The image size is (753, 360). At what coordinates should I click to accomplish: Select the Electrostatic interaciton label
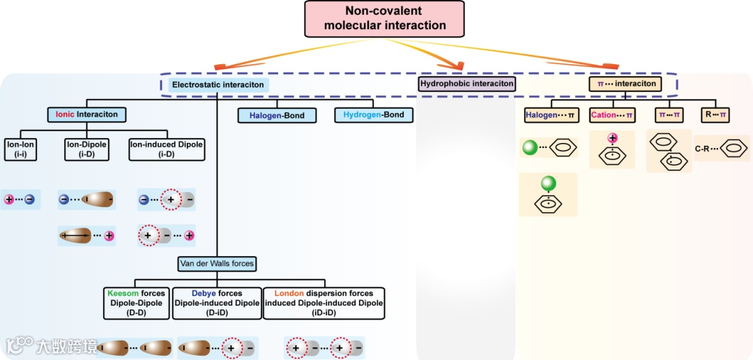click(218, 84)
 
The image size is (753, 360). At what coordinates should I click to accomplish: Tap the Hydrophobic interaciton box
click(467, 84)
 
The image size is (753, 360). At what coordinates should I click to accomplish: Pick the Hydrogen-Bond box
click(370, 114)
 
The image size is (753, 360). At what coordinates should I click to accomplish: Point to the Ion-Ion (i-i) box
click(21, 149)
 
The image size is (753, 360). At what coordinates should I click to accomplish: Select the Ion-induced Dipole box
click(166, 149)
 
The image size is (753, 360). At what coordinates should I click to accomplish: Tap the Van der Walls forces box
click(216, 264)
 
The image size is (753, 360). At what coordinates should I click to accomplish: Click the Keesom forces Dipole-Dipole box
click(136, 303)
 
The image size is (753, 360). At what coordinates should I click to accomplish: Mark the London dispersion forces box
click(324, 303)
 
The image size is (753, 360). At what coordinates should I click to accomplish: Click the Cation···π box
click(612, 114)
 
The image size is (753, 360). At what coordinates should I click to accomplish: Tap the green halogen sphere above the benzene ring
click(549, 183)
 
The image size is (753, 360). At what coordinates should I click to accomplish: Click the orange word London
click(289, 294)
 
